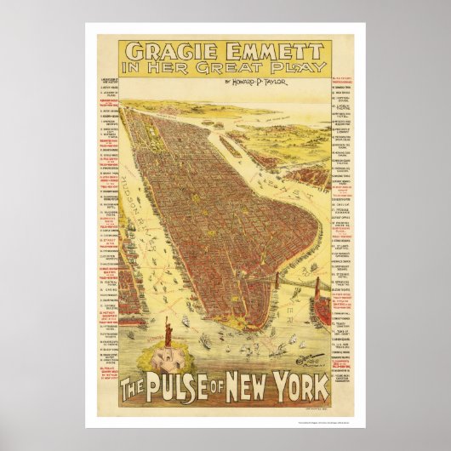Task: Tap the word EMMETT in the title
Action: (x=263, y=43)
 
